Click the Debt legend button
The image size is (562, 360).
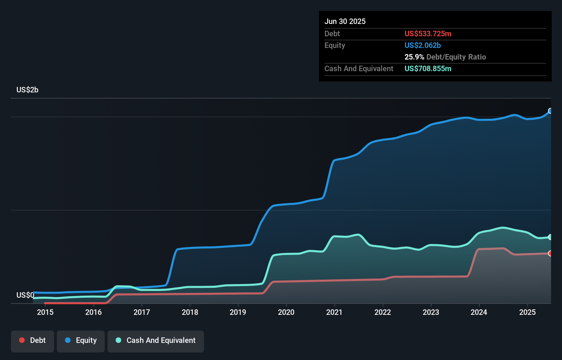coord(33,340)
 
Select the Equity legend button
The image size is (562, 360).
coord(81,340)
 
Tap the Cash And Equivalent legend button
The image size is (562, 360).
coord(156,340)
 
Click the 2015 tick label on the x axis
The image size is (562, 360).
coord(45,312)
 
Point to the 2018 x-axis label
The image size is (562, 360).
coord(190,312)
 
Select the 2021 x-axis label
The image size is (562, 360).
coord(334,312)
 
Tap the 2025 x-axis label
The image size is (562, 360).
coord(527,312)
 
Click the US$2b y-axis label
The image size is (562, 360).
coord(27,90)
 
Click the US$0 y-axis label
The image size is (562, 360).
coord(25,295)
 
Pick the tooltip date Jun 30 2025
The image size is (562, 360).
coord(345,21)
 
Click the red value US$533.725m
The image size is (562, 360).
coord(428,34)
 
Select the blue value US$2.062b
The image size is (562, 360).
coord(423,45)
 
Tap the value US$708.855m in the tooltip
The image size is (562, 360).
coord(428,68)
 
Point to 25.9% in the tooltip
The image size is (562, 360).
coord(414,57)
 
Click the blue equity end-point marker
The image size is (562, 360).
coord(550,111)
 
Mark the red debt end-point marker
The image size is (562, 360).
coord(550,253)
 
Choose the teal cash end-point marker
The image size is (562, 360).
coord(550,237)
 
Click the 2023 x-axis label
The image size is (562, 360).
coord(431,312)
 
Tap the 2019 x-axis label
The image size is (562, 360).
coord(238,312)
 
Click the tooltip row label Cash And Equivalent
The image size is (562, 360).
coord(359,68)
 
